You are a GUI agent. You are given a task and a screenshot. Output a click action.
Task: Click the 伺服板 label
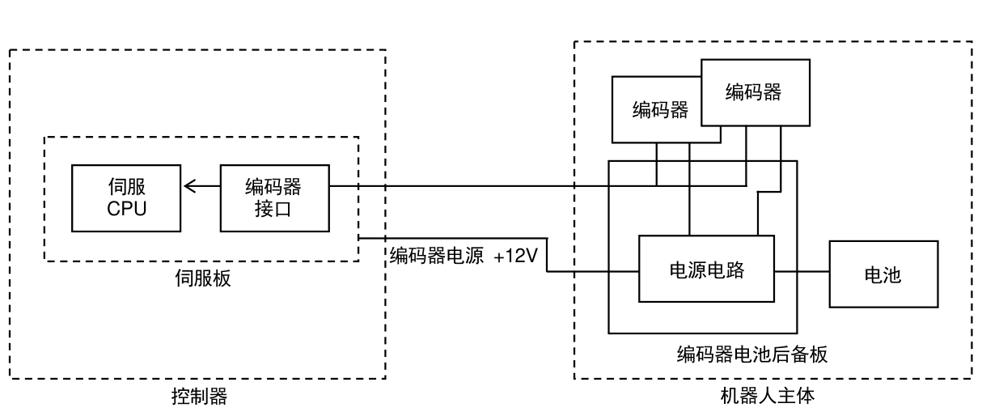203,278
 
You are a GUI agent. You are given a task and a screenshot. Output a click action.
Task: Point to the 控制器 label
200,397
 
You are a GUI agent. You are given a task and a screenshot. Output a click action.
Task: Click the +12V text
515,256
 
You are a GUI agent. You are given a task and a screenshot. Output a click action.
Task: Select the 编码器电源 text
437,256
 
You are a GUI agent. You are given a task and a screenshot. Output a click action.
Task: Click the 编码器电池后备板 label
752,354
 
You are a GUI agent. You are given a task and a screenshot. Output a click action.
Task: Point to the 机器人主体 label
768,396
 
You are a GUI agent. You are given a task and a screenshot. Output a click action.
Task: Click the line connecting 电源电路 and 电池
802,272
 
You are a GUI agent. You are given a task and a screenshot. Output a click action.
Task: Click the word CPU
127,209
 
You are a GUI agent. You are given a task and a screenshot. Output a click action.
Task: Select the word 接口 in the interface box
273,209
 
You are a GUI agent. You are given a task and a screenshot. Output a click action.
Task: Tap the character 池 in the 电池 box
892,275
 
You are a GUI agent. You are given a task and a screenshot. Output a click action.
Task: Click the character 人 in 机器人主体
768,396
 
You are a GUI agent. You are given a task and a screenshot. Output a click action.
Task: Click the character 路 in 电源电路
735,270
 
